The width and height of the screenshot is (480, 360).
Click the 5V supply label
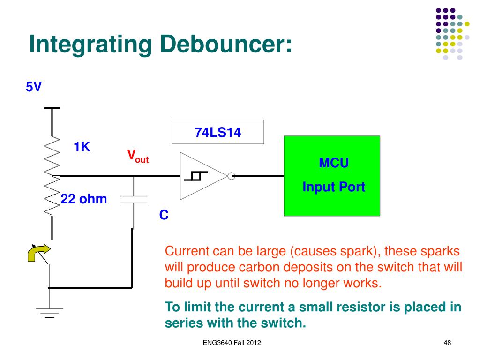[34, 88]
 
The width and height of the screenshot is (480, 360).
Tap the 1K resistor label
[82, 147]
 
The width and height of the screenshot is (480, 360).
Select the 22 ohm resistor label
[84, 199]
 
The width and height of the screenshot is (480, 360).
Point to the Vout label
[138, 156]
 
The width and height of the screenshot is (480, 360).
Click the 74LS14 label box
[218, 133]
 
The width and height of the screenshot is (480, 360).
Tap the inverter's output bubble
[231, 176]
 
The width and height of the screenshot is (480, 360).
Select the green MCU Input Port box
[332, 176]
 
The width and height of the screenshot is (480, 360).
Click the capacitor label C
[164, 215]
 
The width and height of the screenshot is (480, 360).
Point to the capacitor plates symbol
[134, 199]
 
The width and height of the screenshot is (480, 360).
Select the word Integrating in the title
[90, 44]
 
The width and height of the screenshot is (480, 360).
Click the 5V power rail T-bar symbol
[52, 108]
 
